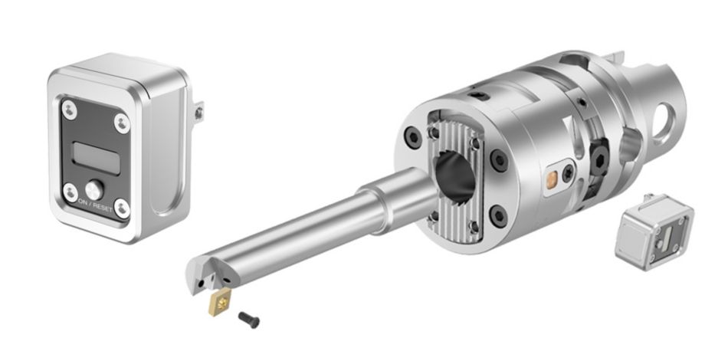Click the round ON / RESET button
point(94,189)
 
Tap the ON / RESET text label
point(95,208)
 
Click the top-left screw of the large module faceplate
point(68,109)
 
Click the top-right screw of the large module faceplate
point(122,121)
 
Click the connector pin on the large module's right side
point(199,113)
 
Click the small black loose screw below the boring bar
point(249,316)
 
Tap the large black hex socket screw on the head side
point(598,156)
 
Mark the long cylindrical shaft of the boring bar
point(307,230)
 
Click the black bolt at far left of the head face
point(412,139)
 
